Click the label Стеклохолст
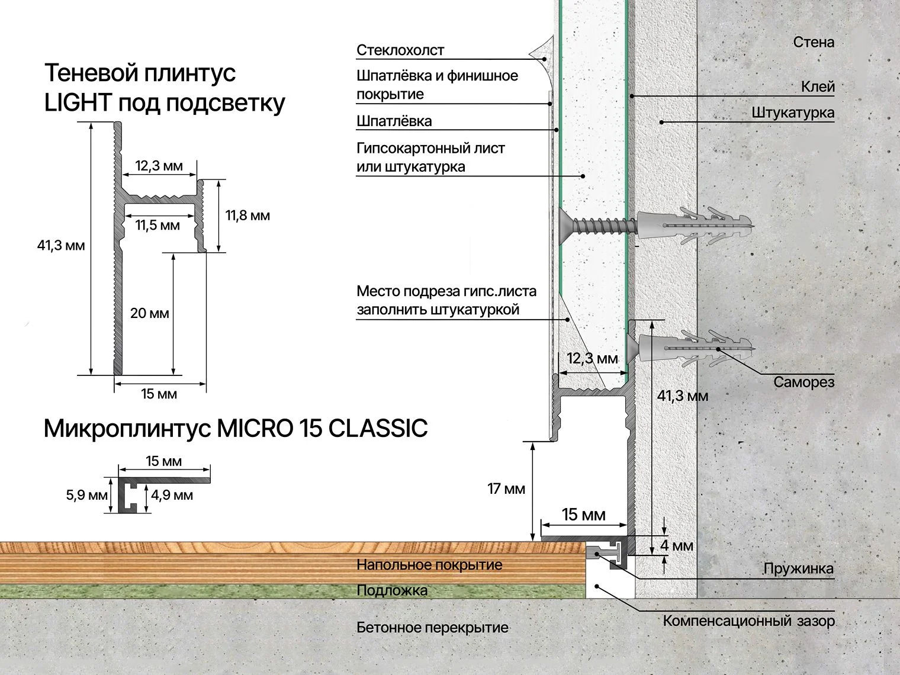tap(400, 50)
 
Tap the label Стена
tap(814, 42)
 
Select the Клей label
tap(818, 87)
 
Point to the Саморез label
tap(803, 382)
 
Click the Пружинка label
tap(798, 569)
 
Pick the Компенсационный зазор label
tap(748, 621)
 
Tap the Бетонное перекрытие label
tap(432, 628)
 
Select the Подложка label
tap(392, 590)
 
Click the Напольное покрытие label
tap(429, 565)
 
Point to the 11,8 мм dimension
tap(247, 216)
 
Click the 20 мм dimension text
tap(150, 313)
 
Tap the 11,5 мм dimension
tap(157, 226)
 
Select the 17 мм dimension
tap(506, 489)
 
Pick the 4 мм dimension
tap(676, 545)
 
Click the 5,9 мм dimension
tap(86, 495)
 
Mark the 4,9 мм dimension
tap(172, 495)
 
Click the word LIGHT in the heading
tap(78, 103)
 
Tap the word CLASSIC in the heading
tap(378, 428)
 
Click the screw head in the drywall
tap(564, 225)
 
